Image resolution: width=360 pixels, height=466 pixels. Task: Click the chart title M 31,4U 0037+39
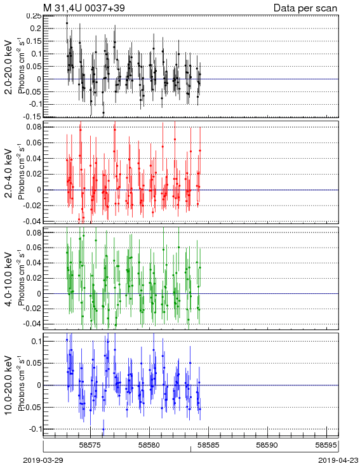[x=84, y=8]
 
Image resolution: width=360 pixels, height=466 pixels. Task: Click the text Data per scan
[x=305, y=8]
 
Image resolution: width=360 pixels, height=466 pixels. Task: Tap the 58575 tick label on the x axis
[x=90, y=445]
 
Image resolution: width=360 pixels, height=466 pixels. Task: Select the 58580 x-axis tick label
[x=150, y=445]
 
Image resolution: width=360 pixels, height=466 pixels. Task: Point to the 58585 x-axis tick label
[x=208, y=445]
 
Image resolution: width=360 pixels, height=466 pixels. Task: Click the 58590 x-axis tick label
[x=267, y=445]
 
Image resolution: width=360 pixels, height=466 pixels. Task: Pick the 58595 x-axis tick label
[x=326, y=445]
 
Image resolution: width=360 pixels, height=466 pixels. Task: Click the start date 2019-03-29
[x=43, y=460]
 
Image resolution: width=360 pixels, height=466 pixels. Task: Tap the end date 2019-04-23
[x=338, y=460]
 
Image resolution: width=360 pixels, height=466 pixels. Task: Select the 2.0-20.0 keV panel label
[x=9, y=67]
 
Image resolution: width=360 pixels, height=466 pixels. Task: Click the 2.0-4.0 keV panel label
[x=9, y=173]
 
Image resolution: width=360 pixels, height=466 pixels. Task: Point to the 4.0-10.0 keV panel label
[x=9, y=279]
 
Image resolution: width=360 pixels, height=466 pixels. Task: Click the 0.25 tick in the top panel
[x=34, y=16]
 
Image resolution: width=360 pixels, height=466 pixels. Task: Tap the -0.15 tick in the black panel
[x=33, y=117]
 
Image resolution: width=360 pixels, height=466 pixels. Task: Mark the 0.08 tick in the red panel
[x=34, y=127]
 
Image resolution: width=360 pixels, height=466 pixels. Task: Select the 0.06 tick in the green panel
[x=34, y=248]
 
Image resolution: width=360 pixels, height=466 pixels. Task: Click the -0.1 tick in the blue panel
[x=35, y=429]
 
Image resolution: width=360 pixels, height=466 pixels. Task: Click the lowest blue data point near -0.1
[x=103, y=429]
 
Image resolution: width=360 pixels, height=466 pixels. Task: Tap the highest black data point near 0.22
[x=67, y=23]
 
